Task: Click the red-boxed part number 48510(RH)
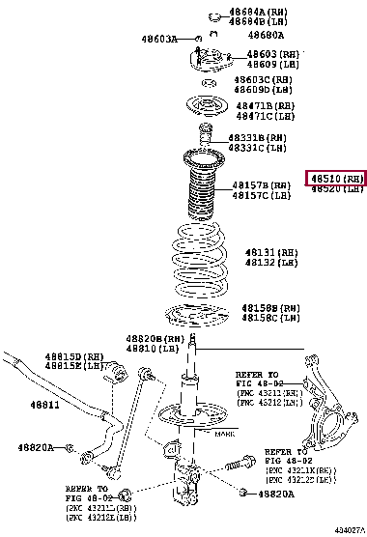(336, 179)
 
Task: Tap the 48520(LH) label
(336, 190)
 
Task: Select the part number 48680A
(249, 35)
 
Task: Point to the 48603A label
(158, 40)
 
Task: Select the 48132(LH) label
(271, 262)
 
